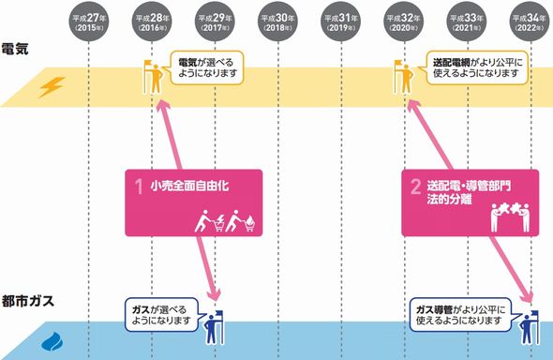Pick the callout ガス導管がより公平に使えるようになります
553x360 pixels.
click(463, 314)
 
